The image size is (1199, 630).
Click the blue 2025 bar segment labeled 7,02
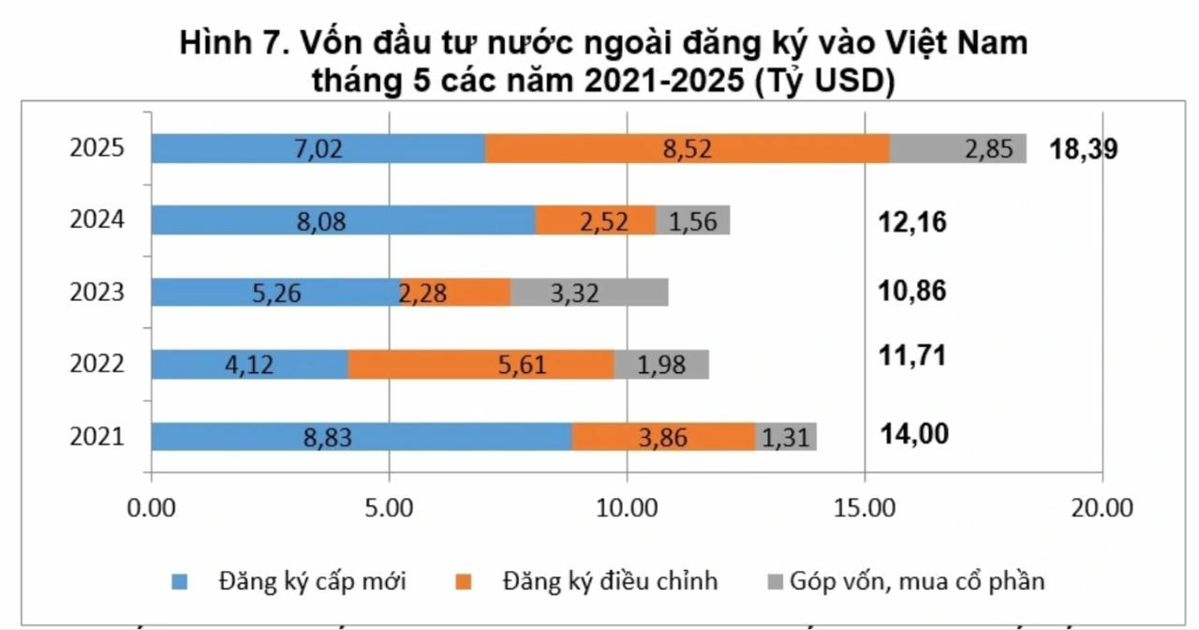(x=318, y=148)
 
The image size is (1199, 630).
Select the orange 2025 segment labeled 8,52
(x=688, y=148)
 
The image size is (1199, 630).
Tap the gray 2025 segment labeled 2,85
(x=957, y=148)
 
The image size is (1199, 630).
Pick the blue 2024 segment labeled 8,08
(x=343, y=220)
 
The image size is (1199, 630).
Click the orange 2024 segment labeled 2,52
(x=596, y=220)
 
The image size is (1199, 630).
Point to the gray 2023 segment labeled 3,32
(x=589, y=292)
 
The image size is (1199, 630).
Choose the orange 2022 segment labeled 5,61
(x=481, y=364)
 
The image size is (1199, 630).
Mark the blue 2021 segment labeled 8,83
(x=362, y=436)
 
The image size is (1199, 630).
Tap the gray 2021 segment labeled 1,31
(x=786, y=436)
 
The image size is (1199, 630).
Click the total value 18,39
(x=1084, y=150)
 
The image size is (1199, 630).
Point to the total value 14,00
(x=914, y=434)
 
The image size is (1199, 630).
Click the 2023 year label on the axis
(x=97, y=292)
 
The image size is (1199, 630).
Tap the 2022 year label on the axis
(x=97, y=364)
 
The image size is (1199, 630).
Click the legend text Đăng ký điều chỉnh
(x=610, y=580)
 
